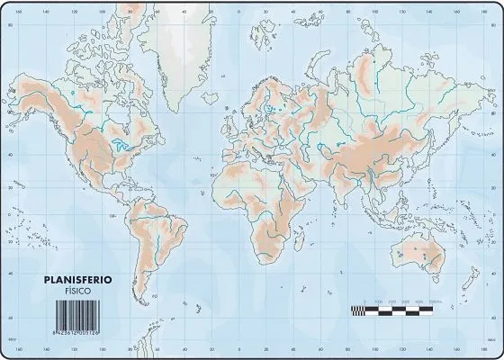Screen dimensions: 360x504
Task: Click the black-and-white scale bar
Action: (391, 310)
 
